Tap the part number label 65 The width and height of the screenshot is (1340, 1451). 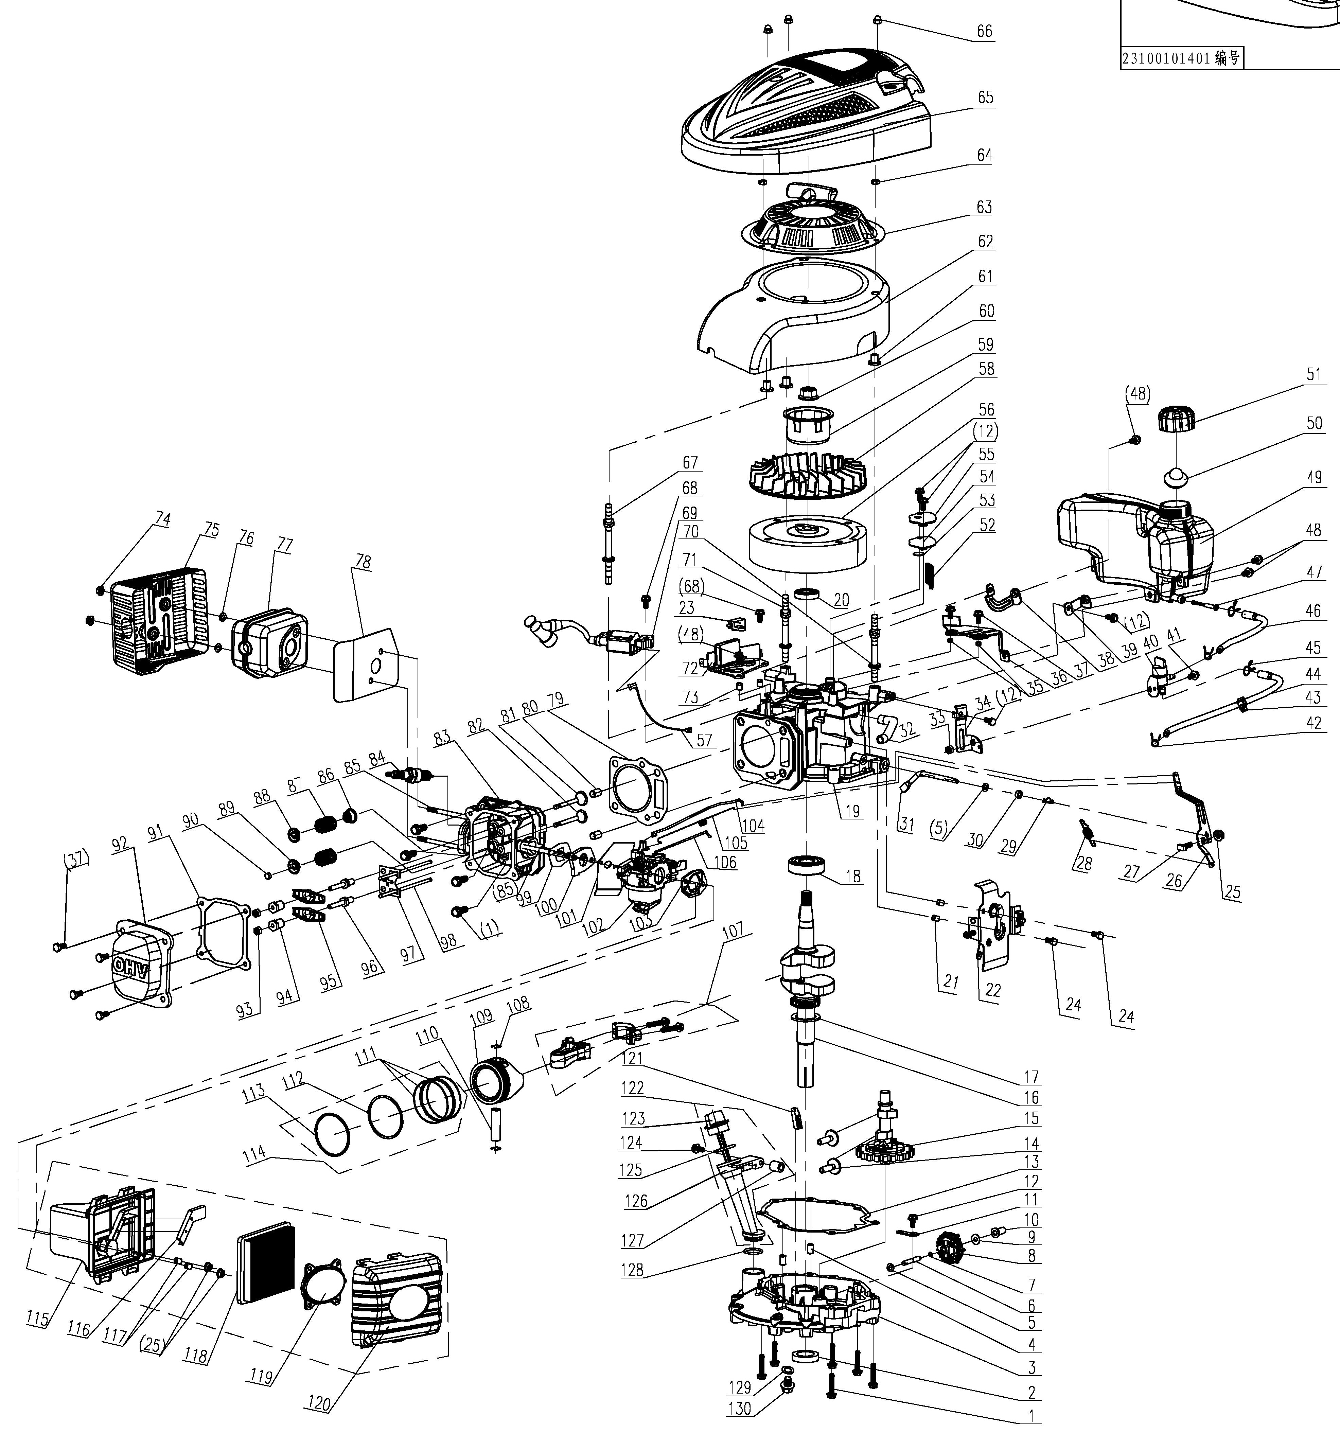coord(985,98)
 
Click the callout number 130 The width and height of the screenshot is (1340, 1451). coord(740,1409)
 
